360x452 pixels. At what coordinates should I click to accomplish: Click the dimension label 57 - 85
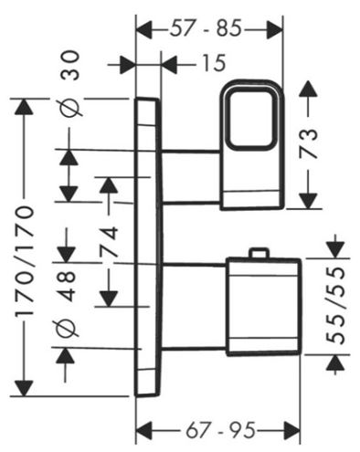[206, 28]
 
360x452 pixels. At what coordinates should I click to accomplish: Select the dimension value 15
[214, 63]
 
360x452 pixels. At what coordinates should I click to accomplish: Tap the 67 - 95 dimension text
[220, 430]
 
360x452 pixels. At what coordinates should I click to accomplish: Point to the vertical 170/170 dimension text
[23, 262]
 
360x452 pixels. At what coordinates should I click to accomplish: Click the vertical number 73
[308, 143]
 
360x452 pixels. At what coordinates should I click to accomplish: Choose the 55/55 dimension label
[336, 305]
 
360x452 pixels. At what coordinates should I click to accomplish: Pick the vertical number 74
[110, 241]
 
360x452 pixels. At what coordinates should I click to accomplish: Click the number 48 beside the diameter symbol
[66, 287]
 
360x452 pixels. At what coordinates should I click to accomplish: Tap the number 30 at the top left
[70, 66]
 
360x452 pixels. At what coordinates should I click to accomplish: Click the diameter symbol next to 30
[71, 107]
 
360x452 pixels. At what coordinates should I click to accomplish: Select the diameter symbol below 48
[68, 328]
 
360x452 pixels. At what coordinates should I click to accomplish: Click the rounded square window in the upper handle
[250, 119]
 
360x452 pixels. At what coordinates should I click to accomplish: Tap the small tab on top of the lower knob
[259, 253]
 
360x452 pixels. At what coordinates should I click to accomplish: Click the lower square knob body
[264, 307]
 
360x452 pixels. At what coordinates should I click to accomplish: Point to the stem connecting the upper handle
[191, 176]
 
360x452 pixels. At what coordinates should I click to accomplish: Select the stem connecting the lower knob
[194, 307]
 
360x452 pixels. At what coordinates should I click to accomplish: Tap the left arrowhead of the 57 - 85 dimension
[143, 29]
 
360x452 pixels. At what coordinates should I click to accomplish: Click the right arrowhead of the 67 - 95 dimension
[291, 431]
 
